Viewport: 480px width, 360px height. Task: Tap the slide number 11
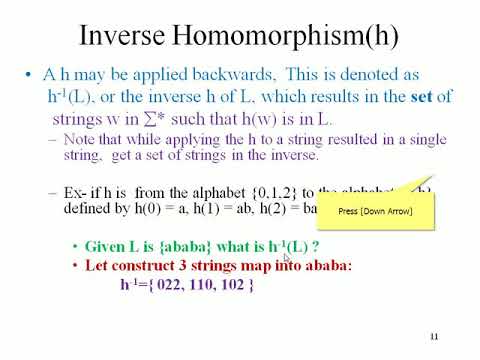tap(434, 335)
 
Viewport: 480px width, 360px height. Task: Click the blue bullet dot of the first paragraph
tap(31, 76)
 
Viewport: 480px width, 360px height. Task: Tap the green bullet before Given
tap(76, 247)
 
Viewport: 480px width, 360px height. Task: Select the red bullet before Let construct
tap(76, 266)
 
